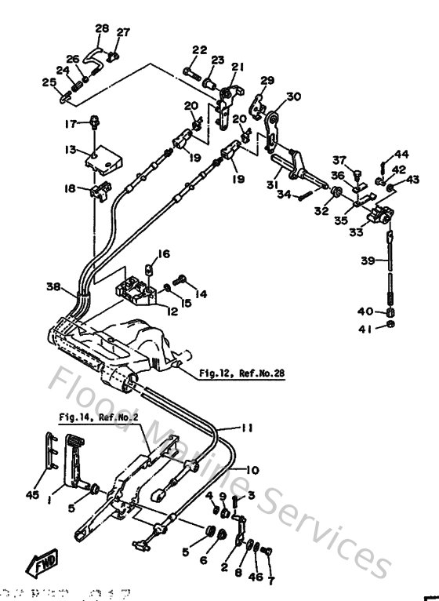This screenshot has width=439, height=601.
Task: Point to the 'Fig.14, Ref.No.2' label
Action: click(x=98, y=417)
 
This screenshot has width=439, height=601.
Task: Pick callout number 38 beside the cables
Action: click(x=53, y=287)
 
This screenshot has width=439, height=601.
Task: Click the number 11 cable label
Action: click(x=247, y=429)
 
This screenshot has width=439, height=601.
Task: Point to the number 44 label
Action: click(x=401, y=154)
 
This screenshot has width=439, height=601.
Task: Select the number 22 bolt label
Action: click(x=199, y=50)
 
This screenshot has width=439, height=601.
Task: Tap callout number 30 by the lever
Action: click(x=293, y=97)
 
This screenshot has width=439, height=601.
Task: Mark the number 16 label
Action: click(x=163, y=253)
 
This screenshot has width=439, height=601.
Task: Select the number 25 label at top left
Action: click(x=48, y=82)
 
